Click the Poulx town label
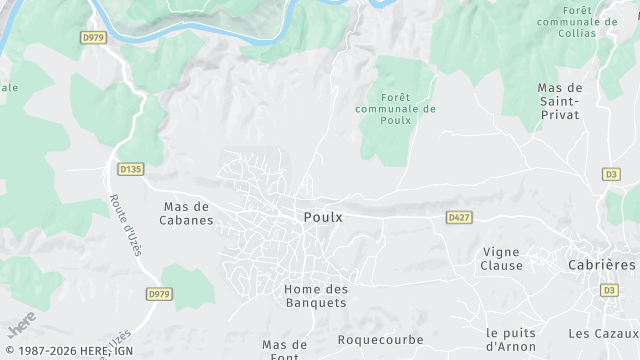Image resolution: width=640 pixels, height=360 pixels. [323, 217]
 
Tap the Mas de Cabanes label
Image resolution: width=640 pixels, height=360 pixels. [188, 214]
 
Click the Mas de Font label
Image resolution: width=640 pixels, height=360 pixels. [284, 349]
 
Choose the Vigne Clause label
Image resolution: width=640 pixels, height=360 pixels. [502, 259]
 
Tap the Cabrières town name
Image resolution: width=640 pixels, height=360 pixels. [602, 265]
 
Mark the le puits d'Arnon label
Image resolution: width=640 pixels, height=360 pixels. [510, 339]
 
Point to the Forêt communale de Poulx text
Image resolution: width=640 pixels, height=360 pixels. [395, 108]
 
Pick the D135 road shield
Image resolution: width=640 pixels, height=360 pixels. [130, 169]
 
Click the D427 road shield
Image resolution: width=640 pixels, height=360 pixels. [459, 217]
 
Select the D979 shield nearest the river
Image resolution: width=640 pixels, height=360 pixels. [93, 38]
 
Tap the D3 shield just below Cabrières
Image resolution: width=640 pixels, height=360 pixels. [608, 290]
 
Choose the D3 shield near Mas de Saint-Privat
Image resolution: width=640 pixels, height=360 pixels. [610, 174]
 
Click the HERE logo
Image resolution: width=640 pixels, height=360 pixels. [21, 324]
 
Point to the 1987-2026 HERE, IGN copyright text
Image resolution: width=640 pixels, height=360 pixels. [67, 351]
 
